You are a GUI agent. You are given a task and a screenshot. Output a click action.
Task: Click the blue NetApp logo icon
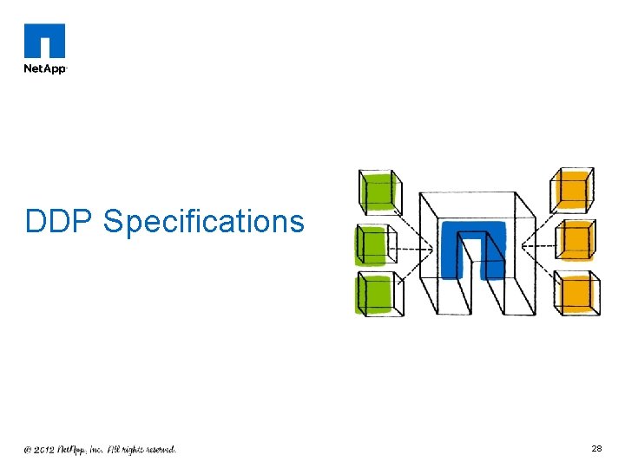pos(45,40)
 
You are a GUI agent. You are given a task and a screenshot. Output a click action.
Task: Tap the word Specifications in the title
pos(204,222)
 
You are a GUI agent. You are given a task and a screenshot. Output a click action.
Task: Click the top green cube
pos(378,191)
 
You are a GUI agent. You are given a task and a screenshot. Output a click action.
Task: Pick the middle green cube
pos(374,245)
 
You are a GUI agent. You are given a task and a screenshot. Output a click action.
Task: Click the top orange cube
pos(573,189)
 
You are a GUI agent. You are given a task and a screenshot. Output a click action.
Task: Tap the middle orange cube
pos(576,241)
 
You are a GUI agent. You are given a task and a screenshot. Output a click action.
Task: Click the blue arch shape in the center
pos(473,248)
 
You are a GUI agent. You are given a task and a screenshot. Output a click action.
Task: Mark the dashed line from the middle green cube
pos(413,250)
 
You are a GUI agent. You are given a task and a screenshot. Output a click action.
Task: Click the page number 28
pos(596,449)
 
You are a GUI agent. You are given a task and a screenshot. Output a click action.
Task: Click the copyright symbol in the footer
pos(29,450)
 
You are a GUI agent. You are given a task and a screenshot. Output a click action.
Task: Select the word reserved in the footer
pos(156,450)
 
